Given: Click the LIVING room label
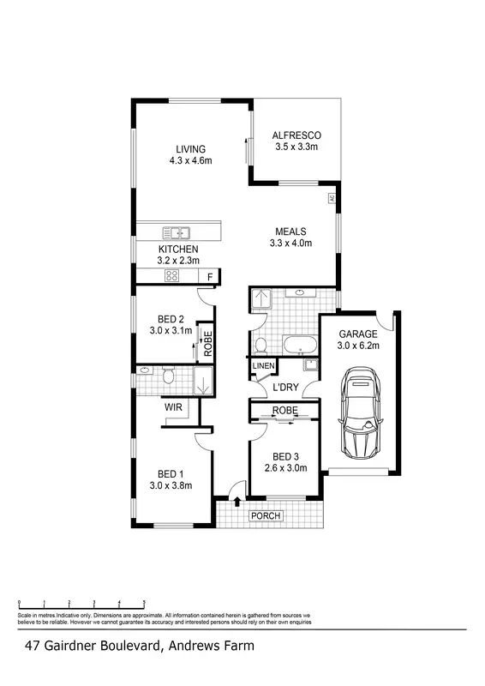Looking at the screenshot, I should pos(191,148).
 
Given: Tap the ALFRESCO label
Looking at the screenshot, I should pos(296,135).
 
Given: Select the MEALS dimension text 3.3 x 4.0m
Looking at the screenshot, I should pos(292,244).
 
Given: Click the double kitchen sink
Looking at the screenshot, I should pos(179,232).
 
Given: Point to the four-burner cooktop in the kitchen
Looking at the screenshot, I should pos(171,276).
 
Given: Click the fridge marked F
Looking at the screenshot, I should pos(211,276).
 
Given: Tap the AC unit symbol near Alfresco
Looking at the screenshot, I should pos(331,199).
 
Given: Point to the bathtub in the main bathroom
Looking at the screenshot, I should pos(300,347).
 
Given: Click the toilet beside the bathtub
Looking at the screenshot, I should pos(260,346).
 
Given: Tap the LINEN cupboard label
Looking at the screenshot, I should pos(263,367).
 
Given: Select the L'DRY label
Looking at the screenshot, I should pos(284,388).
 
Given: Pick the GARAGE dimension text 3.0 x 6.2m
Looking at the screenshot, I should pos(358,346).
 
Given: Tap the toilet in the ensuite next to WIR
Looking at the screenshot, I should pos(169,376).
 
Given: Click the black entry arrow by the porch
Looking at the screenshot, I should pos(237,500).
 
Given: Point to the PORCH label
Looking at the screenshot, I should pos(266,515).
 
